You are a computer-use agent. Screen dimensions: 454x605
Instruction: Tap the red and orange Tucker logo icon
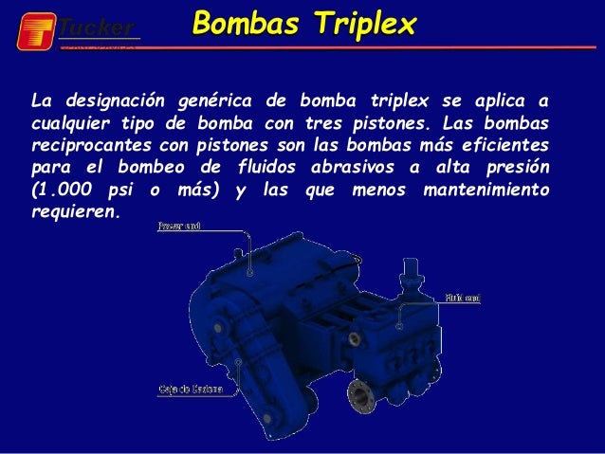pos(36,30)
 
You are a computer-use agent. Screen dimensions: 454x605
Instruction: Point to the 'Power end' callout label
pos(177,227)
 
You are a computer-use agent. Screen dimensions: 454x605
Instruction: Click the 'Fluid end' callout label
pos(464,298)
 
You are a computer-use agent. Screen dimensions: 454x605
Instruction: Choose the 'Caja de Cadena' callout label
pos(184,389)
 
